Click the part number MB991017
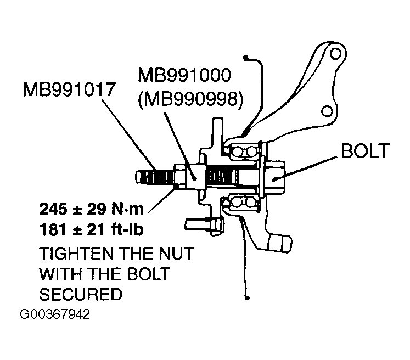(69, 89)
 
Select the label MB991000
(184, 75)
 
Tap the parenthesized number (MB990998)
(190, 99)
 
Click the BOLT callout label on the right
(366, 151)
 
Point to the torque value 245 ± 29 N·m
(92, 209)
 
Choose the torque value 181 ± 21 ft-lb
(92, 230)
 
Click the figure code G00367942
(55, 314)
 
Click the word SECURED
(81, 294)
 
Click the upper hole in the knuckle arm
(335, 54)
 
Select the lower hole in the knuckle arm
(327, 111)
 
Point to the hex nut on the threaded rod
(181, 176)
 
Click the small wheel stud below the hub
(205, 225)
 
